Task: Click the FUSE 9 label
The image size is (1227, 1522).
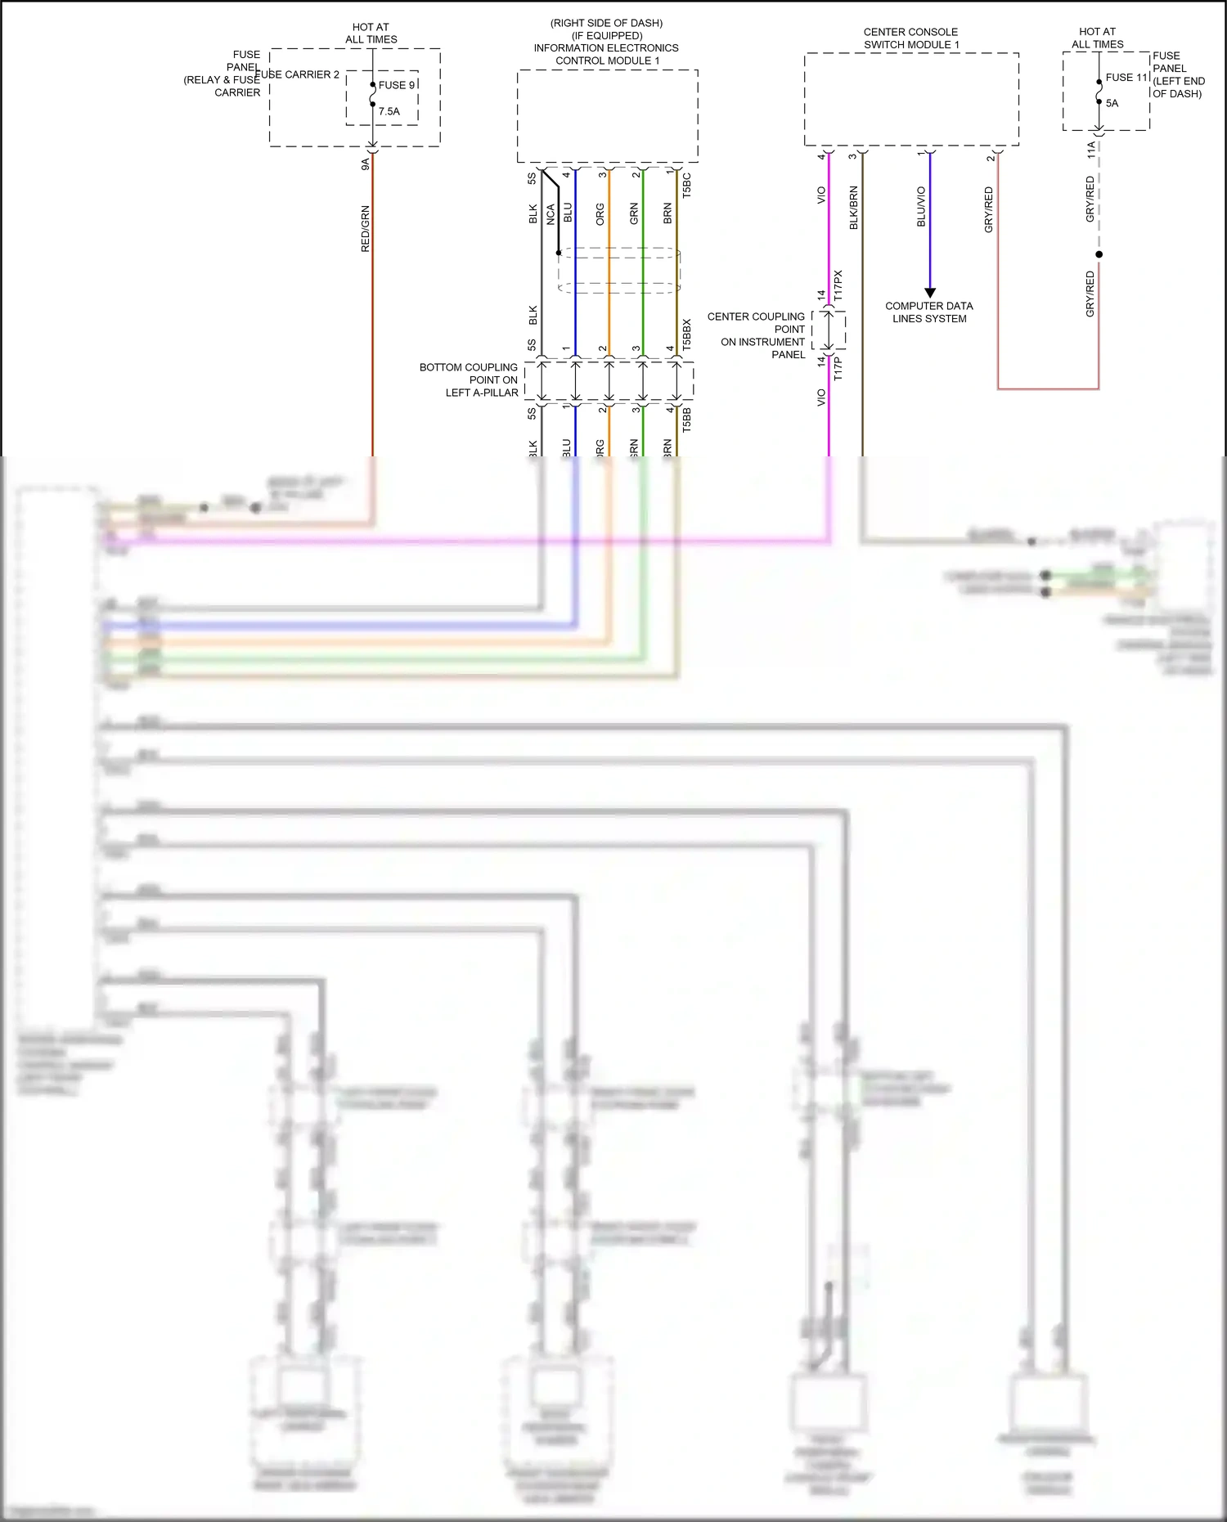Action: click(397, 85)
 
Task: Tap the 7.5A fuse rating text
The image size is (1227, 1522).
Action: click(389, 111)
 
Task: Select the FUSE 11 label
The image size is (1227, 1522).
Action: click(1126, 78)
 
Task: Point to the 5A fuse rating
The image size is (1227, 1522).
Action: click(1112, 103)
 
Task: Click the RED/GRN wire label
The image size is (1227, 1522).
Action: click(366, 228)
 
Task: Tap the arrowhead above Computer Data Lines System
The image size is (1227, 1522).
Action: click(929, 292)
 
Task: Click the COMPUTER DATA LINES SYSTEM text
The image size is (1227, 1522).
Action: click(929, 312)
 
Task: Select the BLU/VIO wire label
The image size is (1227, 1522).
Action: click(921, 206)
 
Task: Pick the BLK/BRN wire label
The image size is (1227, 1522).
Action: click(853, 208)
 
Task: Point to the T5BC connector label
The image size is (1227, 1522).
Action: click(687, 184)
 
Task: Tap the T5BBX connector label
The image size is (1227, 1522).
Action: click(687, 334)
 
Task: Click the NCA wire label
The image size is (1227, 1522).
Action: click(551, 214)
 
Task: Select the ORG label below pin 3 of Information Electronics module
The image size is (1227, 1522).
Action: click(600, 214)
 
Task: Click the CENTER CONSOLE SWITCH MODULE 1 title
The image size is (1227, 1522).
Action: click(911, 38)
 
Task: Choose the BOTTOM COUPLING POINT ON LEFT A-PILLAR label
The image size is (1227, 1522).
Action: click(469, 379)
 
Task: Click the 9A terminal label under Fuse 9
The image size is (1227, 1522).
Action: click(366, 164)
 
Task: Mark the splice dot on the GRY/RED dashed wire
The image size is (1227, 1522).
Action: click(1099, 254)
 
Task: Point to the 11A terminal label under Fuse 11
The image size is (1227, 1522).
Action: click(1091, 149)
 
